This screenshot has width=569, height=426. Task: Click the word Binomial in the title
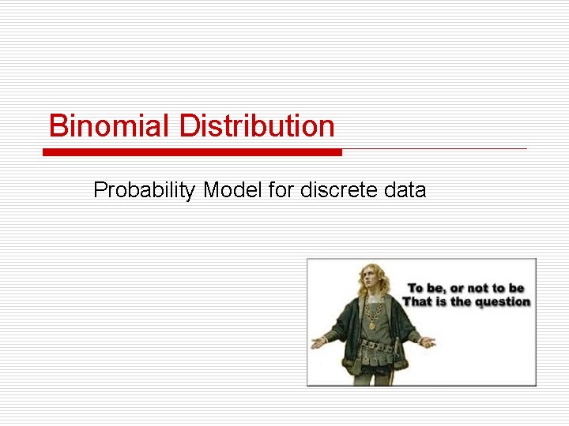[x=109, y=126]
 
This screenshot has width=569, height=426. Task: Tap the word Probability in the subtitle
[x=145, y=190]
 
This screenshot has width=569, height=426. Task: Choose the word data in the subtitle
[x=405, y=190]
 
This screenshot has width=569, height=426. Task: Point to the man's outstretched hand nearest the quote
[x=427, y=342]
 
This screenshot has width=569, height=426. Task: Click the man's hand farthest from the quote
[x=318, y=343]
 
